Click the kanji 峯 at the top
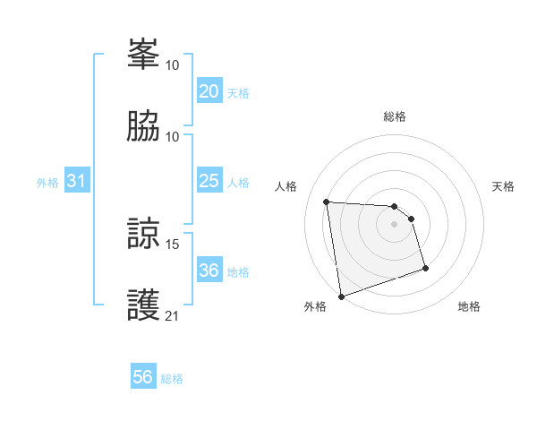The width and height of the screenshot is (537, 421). tap(143, 56)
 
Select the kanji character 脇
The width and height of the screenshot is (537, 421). tap(143, 126)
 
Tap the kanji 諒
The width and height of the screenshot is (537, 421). tap(143, 235)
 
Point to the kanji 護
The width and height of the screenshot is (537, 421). tap(143, 305)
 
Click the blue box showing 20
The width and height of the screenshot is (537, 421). tap(209, 91)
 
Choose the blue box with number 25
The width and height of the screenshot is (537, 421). tap(209, 181)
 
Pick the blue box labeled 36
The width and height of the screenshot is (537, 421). tap(209, 271)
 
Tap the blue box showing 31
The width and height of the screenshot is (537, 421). tap(77, 181)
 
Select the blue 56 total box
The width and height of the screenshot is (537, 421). tap(143, 377)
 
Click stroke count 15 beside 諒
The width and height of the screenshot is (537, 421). tap(174, 244)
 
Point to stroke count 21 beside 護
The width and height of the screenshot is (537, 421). tap(173, 315)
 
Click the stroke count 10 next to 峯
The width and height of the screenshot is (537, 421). tap(173, 64)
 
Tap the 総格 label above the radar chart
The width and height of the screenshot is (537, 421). tap(395, 116)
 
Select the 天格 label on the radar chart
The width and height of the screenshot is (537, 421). tap(503, 186)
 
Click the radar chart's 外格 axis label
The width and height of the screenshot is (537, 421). tap(315, 306)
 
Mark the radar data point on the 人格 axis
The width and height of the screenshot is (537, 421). tap(327, 202)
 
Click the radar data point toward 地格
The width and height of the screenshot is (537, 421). tap(425, 268)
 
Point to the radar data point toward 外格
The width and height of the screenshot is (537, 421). tap(341, 295)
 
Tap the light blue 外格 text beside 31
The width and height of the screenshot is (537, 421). tap(47, 182)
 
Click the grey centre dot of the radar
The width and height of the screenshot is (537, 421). tap(395, 224)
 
